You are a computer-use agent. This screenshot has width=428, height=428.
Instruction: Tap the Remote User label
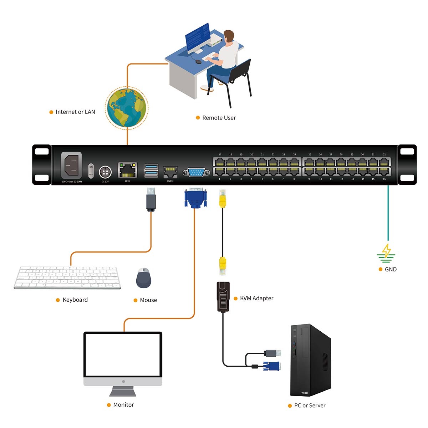219,118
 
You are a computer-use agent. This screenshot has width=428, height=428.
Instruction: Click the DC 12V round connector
105,172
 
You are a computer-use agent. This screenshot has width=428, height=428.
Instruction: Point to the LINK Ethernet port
127,170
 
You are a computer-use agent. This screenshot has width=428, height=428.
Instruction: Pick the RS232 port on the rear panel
170,172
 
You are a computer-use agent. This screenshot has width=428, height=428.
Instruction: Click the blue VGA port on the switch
196,173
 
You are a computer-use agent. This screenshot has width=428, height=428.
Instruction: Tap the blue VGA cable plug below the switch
195,198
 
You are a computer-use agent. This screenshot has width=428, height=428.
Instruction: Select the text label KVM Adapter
256,298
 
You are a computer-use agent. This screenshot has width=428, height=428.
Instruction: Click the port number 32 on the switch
384,155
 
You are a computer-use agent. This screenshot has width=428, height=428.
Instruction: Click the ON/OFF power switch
91,171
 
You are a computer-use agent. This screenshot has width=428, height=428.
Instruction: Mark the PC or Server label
310,406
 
